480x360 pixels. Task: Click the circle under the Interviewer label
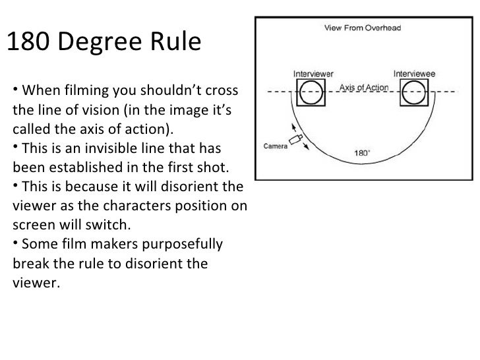311,93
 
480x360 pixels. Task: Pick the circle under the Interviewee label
415,93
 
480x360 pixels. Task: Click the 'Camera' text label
276,146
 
